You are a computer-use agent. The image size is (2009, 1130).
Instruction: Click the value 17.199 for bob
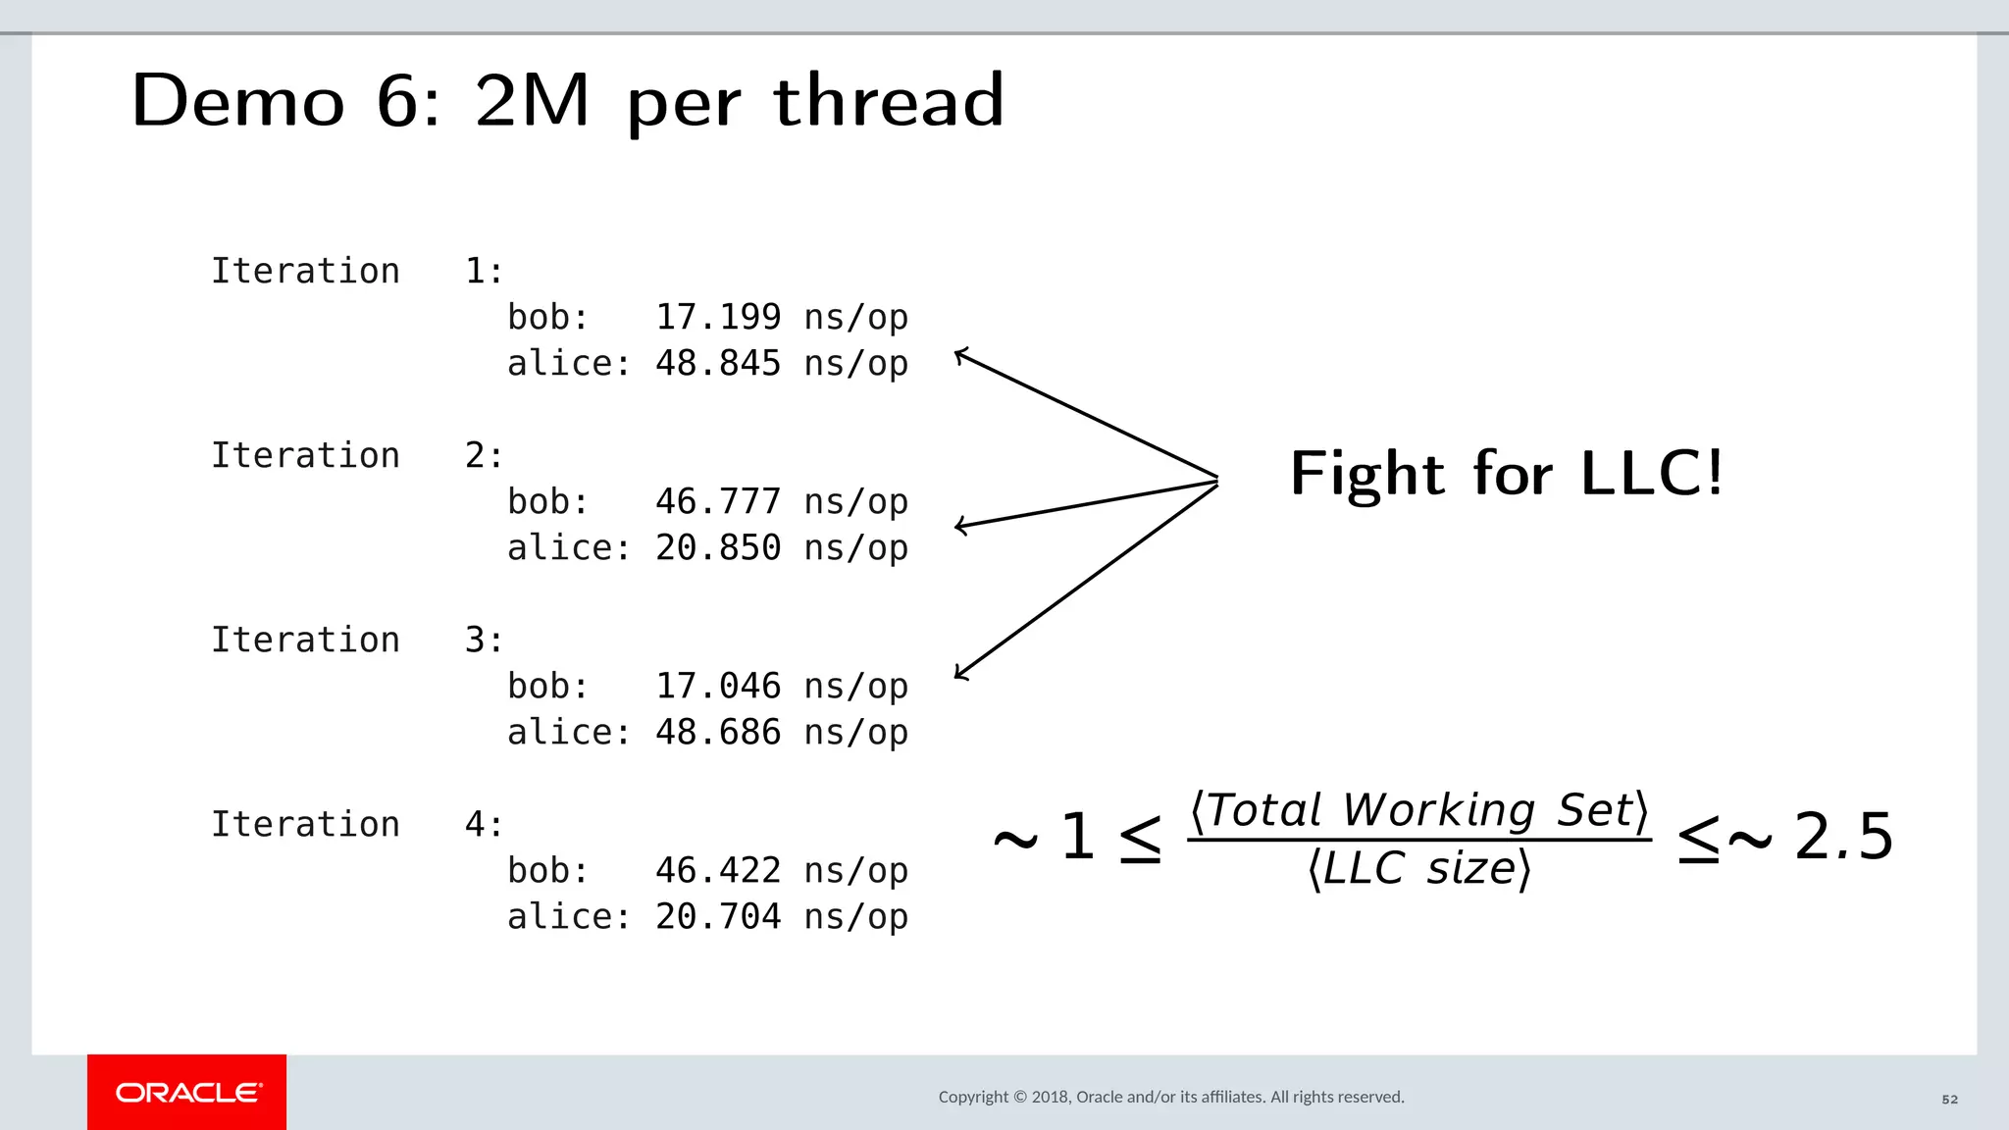(x=717, y=317)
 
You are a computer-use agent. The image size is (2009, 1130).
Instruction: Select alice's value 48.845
(x=717, y=363)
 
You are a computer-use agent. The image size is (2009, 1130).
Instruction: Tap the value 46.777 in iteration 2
(x=717, y=501)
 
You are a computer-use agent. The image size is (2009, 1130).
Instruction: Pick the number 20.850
(x=717, y=547)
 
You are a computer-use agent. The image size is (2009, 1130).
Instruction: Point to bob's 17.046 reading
(x=717, y=686)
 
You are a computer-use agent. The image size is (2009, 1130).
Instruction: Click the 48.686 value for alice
(x=717, y=732)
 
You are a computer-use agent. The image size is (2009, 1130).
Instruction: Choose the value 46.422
(x=717, y=870)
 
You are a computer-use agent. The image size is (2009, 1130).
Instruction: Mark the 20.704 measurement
(x=717, y=916)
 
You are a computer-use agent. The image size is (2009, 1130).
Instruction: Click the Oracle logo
(x=187, y=1093)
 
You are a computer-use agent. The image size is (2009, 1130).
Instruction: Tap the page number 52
(x=1949, y=1100)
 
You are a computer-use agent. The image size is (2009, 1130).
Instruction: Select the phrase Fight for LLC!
(x=1506, y=474)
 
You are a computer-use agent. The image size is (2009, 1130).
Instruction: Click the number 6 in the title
(x=398, y=101)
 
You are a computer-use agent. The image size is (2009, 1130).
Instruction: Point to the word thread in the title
(x=888, y=101)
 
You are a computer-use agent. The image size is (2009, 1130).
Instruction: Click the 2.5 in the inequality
(x=1843, y=838)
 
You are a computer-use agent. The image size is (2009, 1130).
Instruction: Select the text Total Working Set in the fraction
(x=1418, y=810)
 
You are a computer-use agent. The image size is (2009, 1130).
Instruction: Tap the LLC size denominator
(x=1418, y=869)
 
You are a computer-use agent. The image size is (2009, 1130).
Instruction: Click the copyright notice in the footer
(x=1171, y=1097)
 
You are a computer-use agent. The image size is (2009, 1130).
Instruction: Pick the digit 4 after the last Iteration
(x=475, y=824)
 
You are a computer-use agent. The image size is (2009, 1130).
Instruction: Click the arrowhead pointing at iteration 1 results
(x=961, y=355)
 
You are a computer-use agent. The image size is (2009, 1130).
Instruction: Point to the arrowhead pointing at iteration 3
(x=961, y=673)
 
